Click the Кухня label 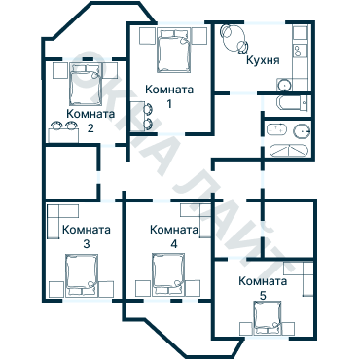(x=263, y=60)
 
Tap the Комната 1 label (x=169, y=96)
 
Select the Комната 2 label (x=90, y=121)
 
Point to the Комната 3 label (x=87, y=236)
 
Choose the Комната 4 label (x=174, y=236)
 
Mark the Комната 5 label (x=263, y=288)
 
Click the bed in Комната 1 (x=174, y=51)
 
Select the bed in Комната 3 (x=82, y=275)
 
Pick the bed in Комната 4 (x=168, y=275)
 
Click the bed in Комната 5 (x=268, y=318)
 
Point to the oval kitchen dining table (x=233, y=39)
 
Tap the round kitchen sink (x=284, y=85)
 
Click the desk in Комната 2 (x=63, y=135)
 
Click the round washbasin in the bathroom (x=302, y=131)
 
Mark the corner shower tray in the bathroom (x=288, y=151)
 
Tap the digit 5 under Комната (x=263, y=296)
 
